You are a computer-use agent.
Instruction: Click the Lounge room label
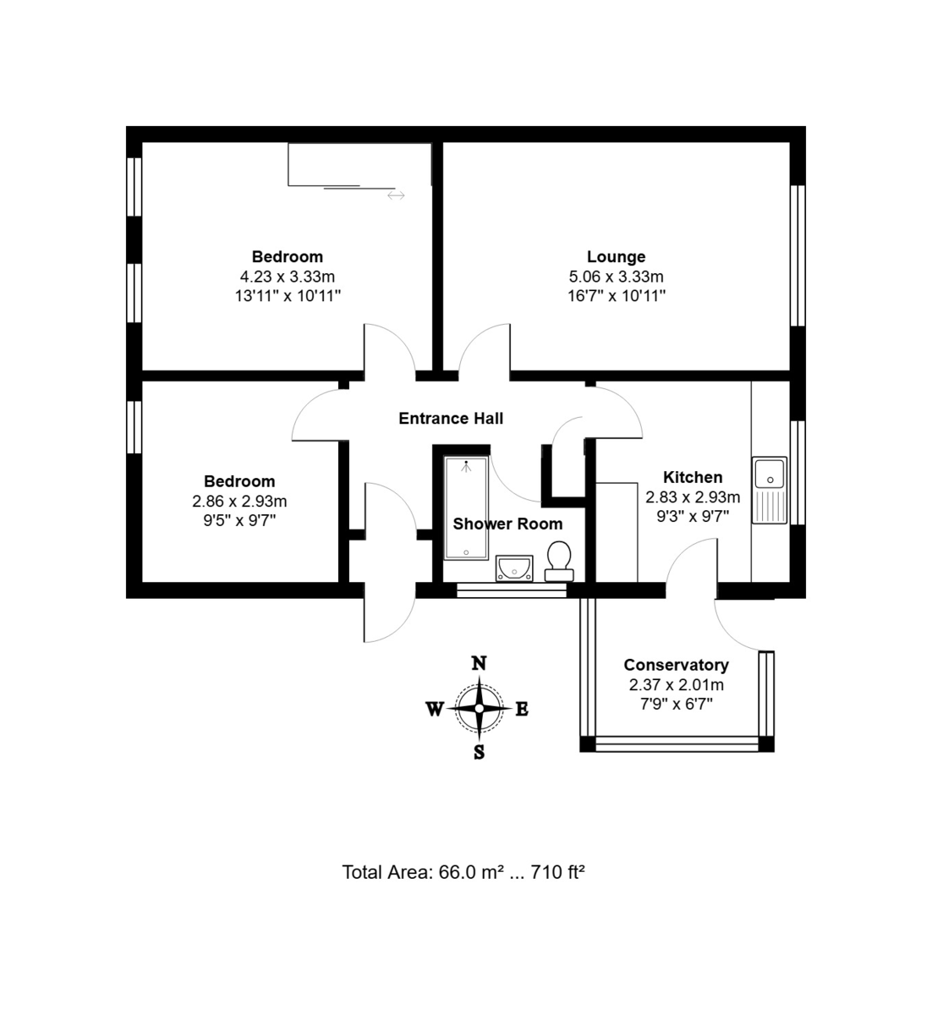pyautogui.click(x=616, y=256)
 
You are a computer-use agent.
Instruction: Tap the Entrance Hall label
pyautogui.click(x=451, y=419)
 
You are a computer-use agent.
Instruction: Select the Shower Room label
pyautogui.click(x=507, y=524)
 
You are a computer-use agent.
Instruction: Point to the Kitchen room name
pyautogui.click(x=693, y=477)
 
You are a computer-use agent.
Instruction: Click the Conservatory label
pyautogui.click(x=676, y=664)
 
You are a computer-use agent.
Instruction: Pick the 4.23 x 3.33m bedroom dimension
pyautogui.click(x=288, y=277)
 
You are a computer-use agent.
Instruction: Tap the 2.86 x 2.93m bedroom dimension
pyautogui.click(x=239, y=501)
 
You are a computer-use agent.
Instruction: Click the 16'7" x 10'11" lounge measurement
pyautogui.click(x=616, y=295)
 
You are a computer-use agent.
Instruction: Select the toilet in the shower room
pyautogui.click(x=559, y=561)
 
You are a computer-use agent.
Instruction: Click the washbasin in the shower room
pyautogui.click(x=514, y=568)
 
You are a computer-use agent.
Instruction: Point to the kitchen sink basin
pyautogui.click(x=770, y=474)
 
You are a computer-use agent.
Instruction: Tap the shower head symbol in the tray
pyautogui.click(x=466, y=466)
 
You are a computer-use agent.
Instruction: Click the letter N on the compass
pyautogui.click(x=480, y=663)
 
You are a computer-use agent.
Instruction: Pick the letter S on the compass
pyautogui.click(x=480, y=753)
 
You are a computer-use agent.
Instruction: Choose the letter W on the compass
pyautogui.click(x=435, y=710)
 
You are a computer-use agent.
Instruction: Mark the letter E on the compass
pyautogui.click(x=522, y=710)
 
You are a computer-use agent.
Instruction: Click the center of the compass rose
pyautogui.click(x=480, y=708)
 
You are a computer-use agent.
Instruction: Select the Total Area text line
pyautogui.click(x=463, y=872)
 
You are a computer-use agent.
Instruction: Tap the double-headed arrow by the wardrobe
pyautogui.click(x=396, y=195)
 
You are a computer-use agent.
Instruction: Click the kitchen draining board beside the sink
pyautogui.click(x=769, y=506)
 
